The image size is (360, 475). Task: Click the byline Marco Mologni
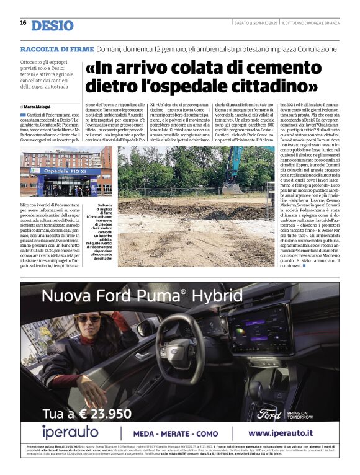pos(39,107)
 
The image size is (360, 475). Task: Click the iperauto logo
pos(70,432)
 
